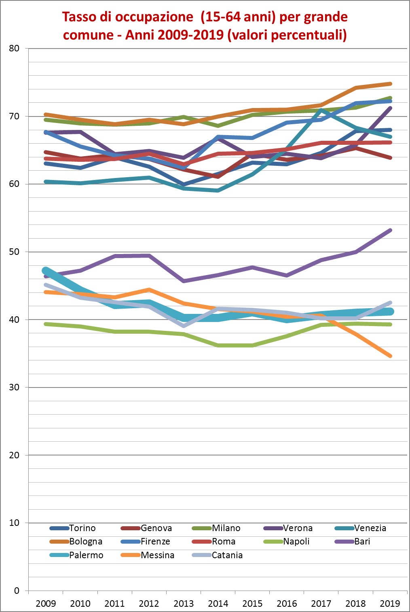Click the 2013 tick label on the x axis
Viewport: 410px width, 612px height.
pyautogui.click(x=184, y=604)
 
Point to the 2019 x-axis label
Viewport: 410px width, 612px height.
pyautogui.click(x=390, y=604)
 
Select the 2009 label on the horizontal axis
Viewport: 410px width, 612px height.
pyautogui.click(x=46, y=604)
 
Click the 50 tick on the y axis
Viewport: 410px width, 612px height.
pyautogui.click(x=14, y=252)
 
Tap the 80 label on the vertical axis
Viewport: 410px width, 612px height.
pyautogui.click(x=14, y=48)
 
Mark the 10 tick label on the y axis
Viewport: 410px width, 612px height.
pyautogui.click(x=14, y=523)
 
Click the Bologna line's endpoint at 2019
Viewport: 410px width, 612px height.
pyautogui.click(x=390, y=84)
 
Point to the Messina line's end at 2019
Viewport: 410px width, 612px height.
pyautogui.click(x=390, y=356)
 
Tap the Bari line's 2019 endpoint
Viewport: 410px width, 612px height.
pyautogui.click(x=390, y=230)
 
